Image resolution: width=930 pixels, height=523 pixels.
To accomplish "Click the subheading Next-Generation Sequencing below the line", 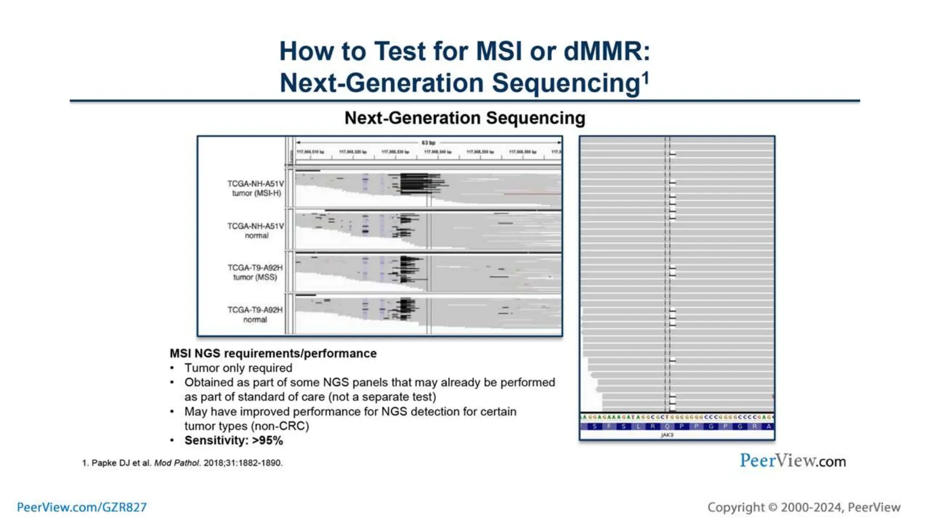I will point(465,118).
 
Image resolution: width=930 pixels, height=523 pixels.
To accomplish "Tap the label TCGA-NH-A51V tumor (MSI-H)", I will point(256,188).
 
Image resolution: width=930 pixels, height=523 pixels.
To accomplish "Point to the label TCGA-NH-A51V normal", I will point(256,231).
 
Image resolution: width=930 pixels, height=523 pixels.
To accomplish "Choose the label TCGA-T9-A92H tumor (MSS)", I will point(255,272).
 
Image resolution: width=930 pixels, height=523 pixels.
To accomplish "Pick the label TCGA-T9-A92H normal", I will point(255,315).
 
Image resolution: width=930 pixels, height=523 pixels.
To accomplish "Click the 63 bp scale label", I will point(428,143).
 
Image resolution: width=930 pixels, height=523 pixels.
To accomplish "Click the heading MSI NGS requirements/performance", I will point(273,353).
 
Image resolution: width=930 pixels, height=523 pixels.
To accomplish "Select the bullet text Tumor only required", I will point(238,368).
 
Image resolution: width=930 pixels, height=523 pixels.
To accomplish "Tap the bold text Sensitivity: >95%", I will point(233,440).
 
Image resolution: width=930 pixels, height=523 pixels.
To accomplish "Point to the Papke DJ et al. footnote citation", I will point(182,463).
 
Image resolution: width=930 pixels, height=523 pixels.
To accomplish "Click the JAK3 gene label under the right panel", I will point(667,435).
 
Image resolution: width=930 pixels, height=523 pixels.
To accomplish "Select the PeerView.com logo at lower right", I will point(792,461).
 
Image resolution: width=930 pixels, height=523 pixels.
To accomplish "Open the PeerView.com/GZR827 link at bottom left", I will point(82,507).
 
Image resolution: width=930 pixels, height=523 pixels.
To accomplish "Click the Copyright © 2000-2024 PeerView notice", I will point(803,507).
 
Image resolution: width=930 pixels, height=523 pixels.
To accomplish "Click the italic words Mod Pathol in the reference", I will point(177,463).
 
